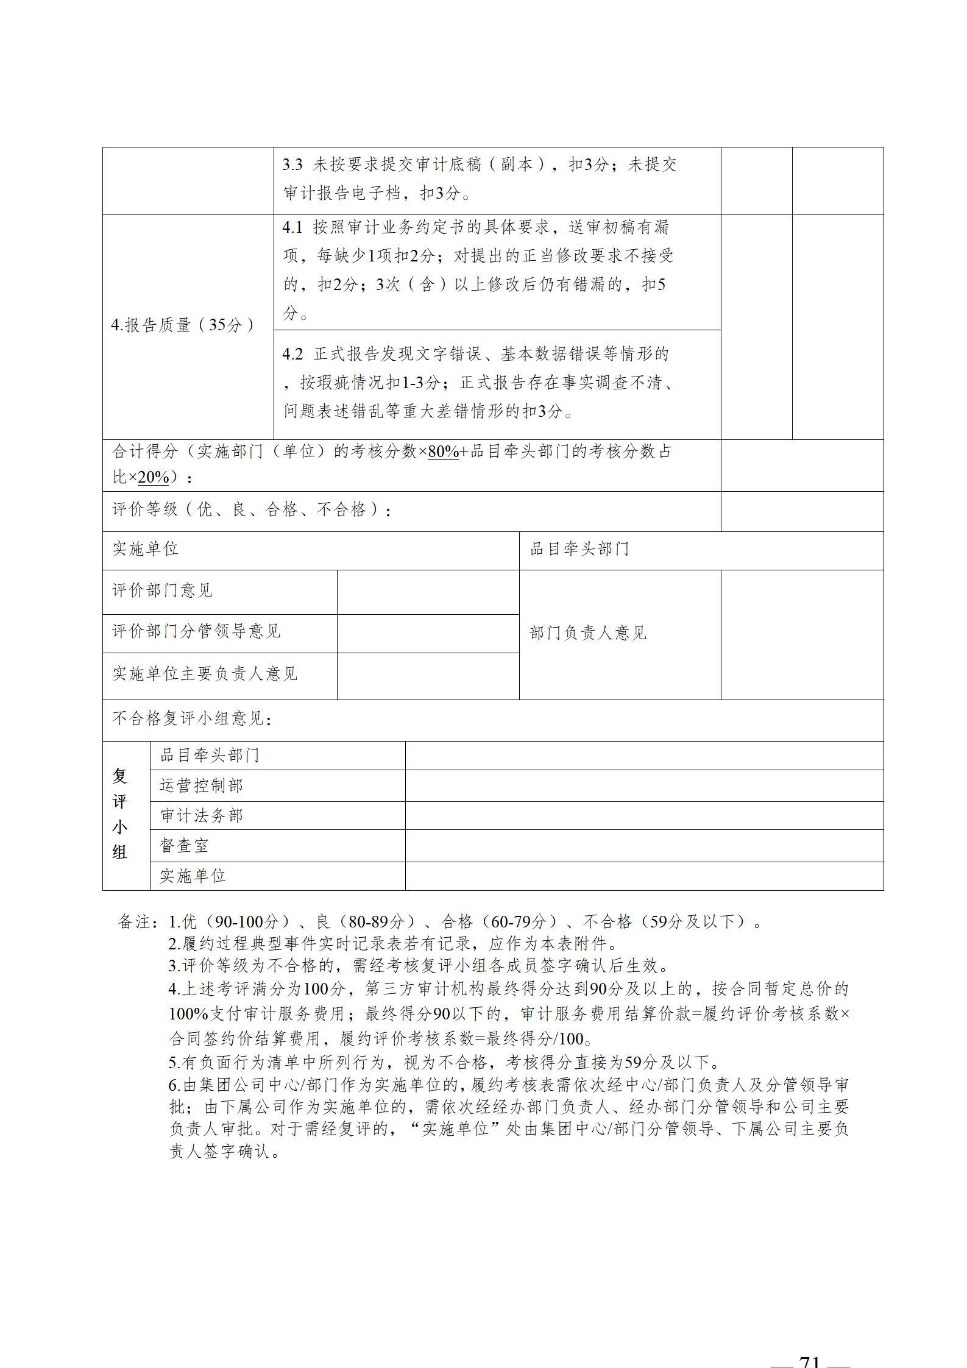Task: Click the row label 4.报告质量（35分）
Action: (183, 325)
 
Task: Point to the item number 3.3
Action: (292, 165)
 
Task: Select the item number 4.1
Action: (292, 228)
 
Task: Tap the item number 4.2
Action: (292, 354)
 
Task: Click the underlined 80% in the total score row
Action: (443, 452)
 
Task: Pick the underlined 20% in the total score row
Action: (153, 477)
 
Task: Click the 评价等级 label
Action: (145, 509)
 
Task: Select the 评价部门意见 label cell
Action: (162, 590)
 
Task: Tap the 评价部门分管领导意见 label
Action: (196, 631)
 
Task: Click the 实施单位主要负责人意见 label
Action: (205, 673)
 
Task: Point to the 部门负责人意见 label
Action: (588, 633)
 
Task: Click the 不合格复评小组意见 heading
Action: (191, 719)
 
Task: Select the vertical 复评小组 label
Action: (120, 813)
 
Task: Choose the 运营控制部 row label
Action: (201, 785)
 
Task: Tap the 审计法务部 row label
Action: (201, 815)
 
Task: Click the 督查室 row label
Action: (184, 845)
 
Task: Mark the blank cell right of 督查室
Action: (643, 845)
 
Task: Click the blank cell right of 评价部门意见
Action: (428, 592)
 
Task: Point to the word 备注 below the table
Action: (134, 922)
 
